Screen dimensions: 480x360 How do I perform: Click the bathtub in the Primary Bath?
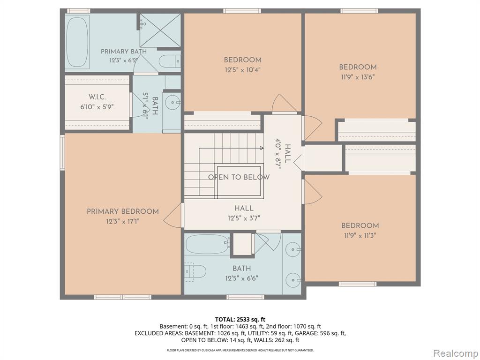click(77, 41)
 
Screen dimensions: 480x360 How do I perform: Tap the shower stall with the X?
click(160, 30)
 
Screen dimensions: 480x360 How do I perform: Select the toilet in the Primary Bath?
click(170, 61)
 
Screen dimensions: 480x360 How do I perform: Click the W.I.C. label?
click(97, 97)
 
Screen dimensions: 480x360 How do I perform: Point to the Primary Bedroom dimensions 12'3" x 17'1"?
click(123, 221)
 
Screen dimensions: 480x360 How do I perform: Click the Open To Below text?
click(239, 177)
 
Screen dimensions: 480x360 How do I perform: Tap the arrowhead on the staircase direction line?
click(262, 149)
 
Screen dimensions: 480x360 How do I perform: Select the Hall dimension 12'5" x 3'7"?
click(244, 218)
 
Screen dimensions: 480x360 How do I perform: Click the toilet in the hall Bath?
click(195, 272)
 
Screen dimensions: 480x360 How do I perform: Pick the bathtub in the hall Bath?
click(207, 244)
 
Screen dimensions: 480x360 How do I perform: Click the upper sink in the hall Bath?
click(293, 249)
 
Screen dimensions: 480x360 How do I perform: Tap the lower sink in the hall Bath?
click(293, 280)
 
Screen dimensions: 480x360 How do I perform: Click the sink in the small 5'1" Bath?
click(172, 102)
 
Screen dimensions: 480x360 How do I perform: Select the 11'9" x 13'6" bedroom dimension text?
click(358, 77)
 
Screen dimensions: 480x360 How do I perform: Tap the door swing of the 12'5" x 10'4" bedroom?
click(284, 103)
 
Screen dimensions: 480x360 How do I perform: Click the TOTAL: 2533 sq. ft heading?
click(240, 320)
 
